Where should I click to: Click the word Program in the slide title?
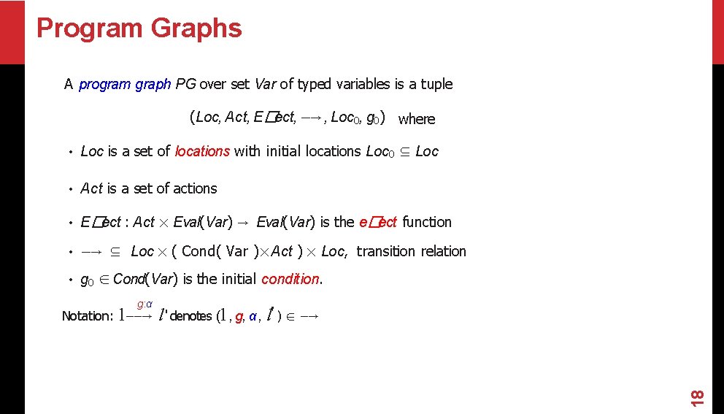[90, 28]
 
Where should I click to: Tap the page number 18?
[697, 397]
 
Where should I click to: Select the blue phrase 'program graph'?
[125, 84]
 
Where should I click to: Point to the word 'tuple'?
[436, 84]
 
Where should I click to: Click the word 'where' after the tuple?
[417, 119]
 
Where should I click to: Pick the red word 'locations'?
[202, 151]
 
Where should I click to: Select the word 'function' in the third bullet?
[427, 222]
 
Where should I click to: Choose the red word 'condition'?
[290, 279]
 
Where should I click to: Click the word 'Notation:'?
[88, 316]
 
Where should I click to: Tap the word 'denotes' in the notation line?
[190, 316]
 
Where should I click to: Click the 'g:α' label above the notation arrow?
[145, 304]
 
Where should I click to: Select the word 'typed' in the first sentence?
[315, 84]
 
